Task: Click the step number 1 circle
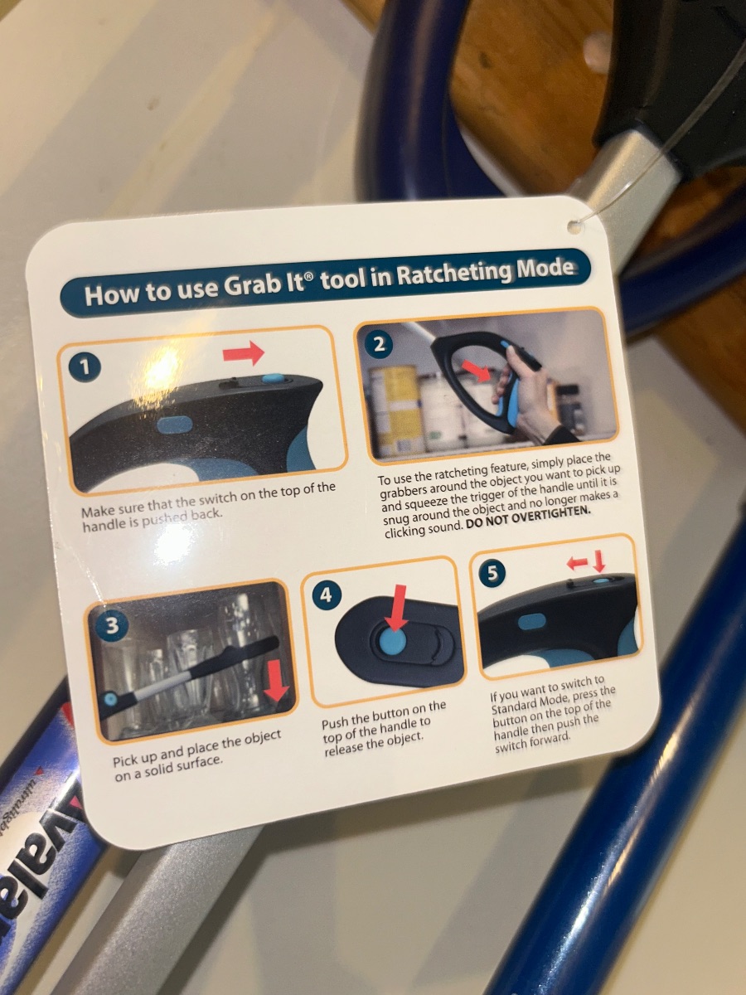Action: [x=85, y=366]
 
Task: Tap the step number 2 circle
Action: [x=380, y=344]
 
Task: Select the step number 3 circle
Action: [x=111, y=626]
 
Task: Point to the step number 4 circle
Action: [x=326, y=595]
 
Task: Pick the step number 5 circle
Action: [x=492, y=573]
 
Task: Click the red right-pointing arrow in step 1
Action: [x=244, y=353]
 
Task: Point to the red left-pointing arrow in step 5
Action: [x=578, y=564]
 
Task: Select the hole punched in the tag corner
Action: [x=574, y=225]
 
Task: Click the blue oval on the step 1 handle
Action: [x=173, y=425]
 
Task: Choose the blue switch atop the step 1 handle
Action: [x=274, y=378]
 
